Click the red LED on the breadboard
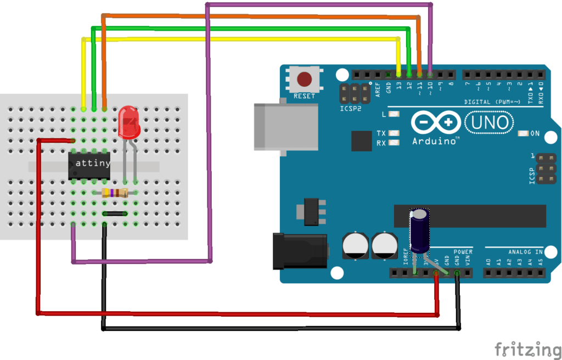coord(128,122)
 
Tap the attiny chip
coord(89,164)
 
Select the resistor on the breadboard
coord(115,193)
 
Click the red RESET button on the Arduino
coord(305,80)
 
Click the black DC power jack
coord(300,251)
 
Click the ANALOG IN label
coord(525,252)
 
